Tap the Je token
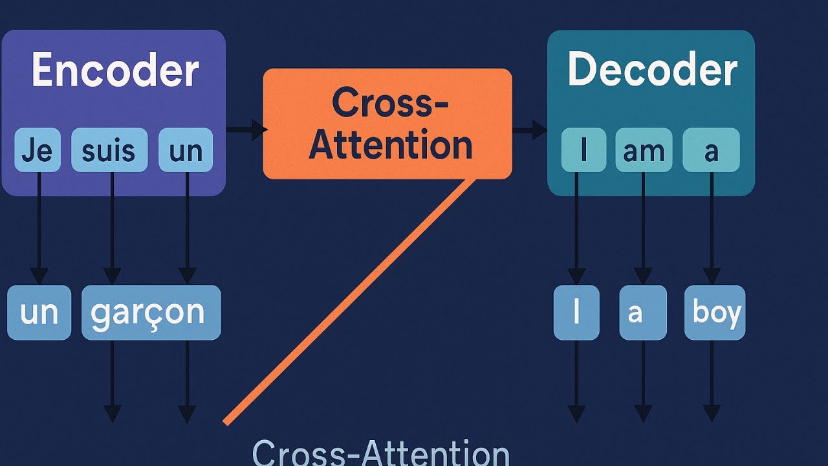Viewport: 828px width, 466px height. (36, 150)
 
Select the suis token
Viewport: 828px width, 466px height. (109, 150)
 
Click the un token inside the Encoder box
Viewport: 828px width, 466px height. (186, 150)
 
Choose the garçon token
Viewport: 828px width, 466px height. (151, 313)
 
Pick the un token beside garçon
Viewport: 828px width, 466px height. (39, 313)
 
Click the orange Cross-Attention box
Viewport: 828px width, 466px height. (387, 124)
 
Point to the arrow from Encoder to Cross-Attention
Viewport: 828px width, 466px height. (246, 130)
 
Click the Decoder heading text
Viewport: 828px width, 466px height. (651, 69)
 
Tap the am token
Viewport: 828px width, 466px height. (644, 150)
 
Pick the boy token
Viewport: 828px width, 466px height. (715, 313)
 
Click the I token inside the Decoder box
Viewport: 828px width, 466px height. (583, 150)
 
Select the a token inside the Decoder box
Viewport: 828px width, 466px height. (711, 150)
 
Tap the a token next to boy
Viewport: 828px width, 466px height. (642, 313)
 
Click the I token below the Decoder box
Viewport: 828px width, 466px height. (576, 313)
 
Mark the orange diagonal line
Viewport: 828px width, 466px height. (346, 301)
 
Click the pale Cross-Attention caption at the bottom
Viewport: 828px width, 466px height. (380, 452)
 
